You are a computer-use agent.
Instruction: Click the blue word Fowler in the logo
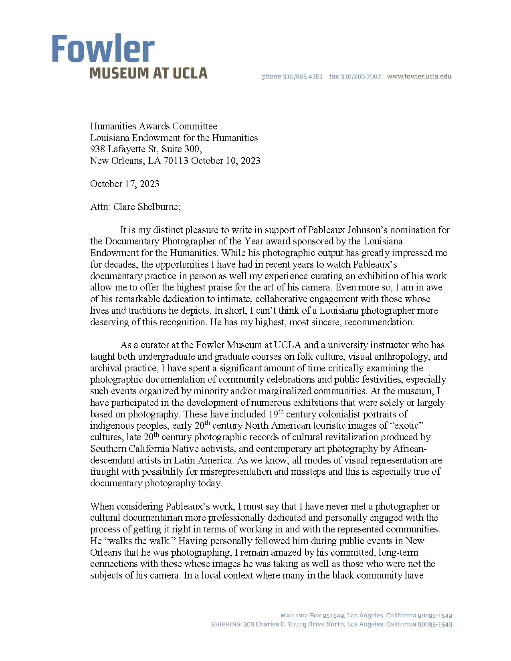pos(103,48)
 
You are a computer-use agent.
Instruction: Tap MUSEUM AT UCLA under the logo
pos(148,73)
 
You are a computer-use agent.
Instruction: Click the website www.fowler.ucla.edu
pos(419,77)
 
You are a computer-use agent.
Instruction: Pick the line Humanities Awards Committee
pos(154,126)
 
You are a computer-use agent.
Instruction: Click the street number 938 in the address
pos(97,149)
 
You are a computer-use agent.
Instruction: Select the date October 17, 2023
pos(125,184)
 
